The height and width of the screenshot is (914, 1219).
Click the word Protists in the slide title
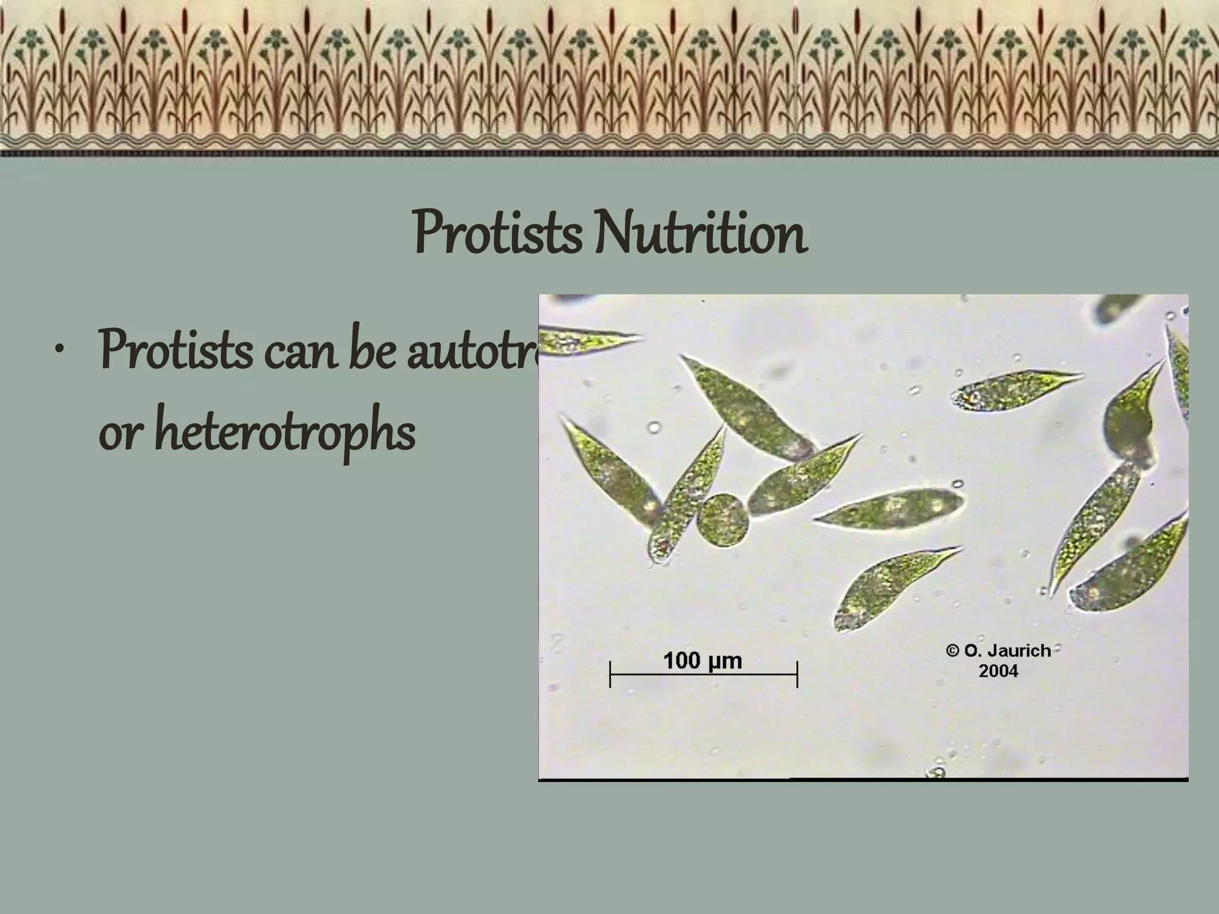coord(496,234)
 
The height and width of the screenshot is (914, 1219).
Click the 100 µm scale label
coord(702,661)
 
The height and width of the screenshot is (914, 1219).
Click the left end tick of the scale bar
coord(610,674)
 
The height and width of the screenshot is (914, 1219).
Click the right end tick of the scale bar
coord(797,674)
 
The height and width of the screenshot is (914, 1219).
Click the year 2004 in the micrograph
coord(998,671)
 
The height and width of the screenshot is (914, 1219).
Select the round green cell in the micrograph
coord(723,519)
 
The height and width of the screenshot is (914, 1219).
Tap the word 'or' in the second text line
coord(120,433)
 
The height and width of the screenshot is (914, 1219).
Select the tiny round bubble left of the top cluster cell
coord(654,427)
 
